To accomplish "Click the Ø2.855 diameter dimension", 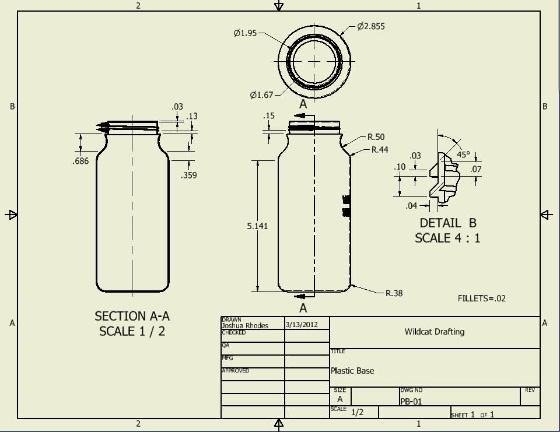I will [x=371, y=26].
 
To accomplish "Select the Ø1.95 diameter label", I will [x=245, y=33].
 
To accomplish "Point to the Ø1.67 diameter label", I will [x=261, y=95].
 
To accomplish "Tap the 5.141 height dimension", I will [x=257, y=226].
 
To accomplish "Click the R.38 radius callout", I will [x=394, y=293].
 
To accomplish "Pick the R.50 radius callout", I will [x=376, y=138].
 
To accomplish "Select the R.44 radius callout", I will [x=380, y=150].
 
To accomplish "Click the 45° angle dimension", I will [x=463, y=155].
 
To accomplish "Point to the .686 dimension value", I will [x=80, y=161].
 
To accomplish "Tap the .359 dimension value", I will [x=188, y=175].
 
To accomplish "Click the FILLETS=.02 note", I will [x=481, y=298].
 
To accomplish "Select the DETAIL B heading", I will [x=447, y=223].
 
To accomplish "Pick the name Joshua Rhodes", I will [x=245, y=325].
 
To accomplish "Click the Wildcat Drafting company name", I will [x=435, y=332].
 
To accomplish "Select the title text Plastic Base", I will [x=352, y=371].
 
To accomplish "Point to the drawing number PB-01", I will [x=411, y=401].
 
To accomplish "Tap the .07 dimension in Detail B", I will [x=475, y=170].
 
